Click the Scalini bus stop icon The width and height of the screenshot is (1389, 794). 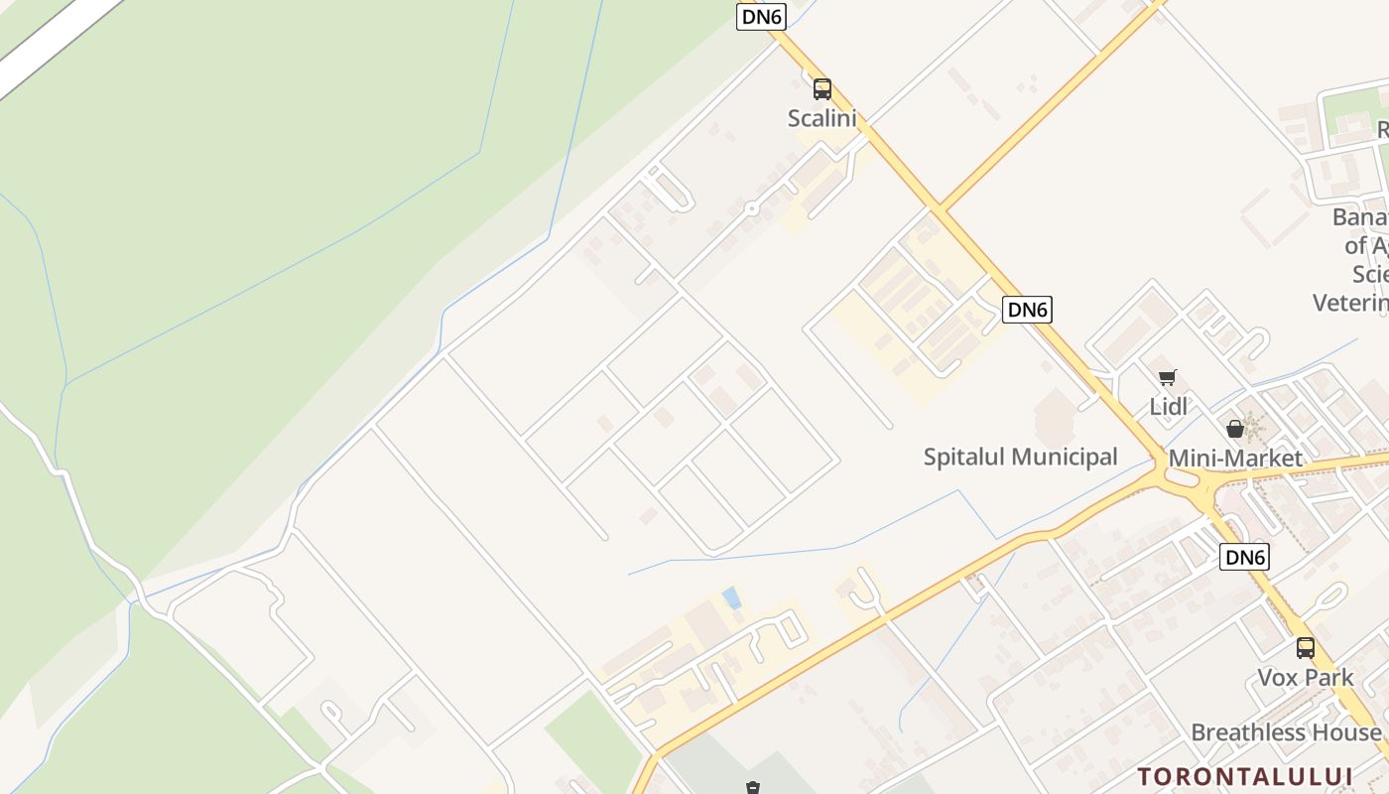click(x=821, y=89)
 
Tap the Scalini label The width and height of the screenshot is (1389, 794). click(x=821, y=118)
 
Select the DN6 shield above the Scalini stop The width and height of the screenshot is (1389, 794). click(x=761, y=16)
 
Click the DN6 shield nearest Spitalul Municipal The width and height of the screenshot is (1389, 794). click(x=1026, y=310)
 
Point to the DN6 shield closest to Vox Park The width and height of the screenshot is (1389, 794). click(x=1244, y=557)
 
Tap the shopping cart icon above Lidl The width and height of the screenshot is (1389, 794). click(x=1168, y=378)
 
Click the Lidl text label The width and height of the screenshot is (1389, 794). click(x=1168, y=406)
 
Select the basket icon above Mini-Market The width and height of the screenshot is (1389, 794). click(x=1235, y=429)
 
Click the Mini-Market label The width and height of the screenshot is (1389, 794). click(x=1235, y=458)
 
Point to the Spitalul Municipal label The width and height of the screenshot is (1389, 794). click(x=1020, y=457)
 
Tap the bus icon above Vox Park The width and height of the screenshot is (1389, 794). click(x=1305, y=648)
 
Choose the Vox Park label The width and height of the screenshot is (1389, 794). click(x=1305, y=678)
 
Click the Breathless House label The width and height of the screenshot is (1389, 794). click(x=1286, y=732)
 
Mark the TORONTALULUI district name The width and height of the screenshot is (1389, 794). click(x=1245, y=775)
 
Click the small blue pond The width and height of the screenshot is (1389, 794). click(x=732, y=597)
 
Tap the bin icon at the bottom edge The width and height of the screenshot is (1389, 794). click(x=753, y=788)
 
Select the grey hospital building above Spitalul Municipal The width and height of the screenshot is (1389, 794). click(x=1054, y=417)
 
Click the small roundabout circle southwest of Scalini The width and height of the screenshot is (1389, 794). click(x=752, y=208)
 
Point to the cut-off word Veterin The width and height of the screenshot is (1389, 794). click(x=1350, y=302)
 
